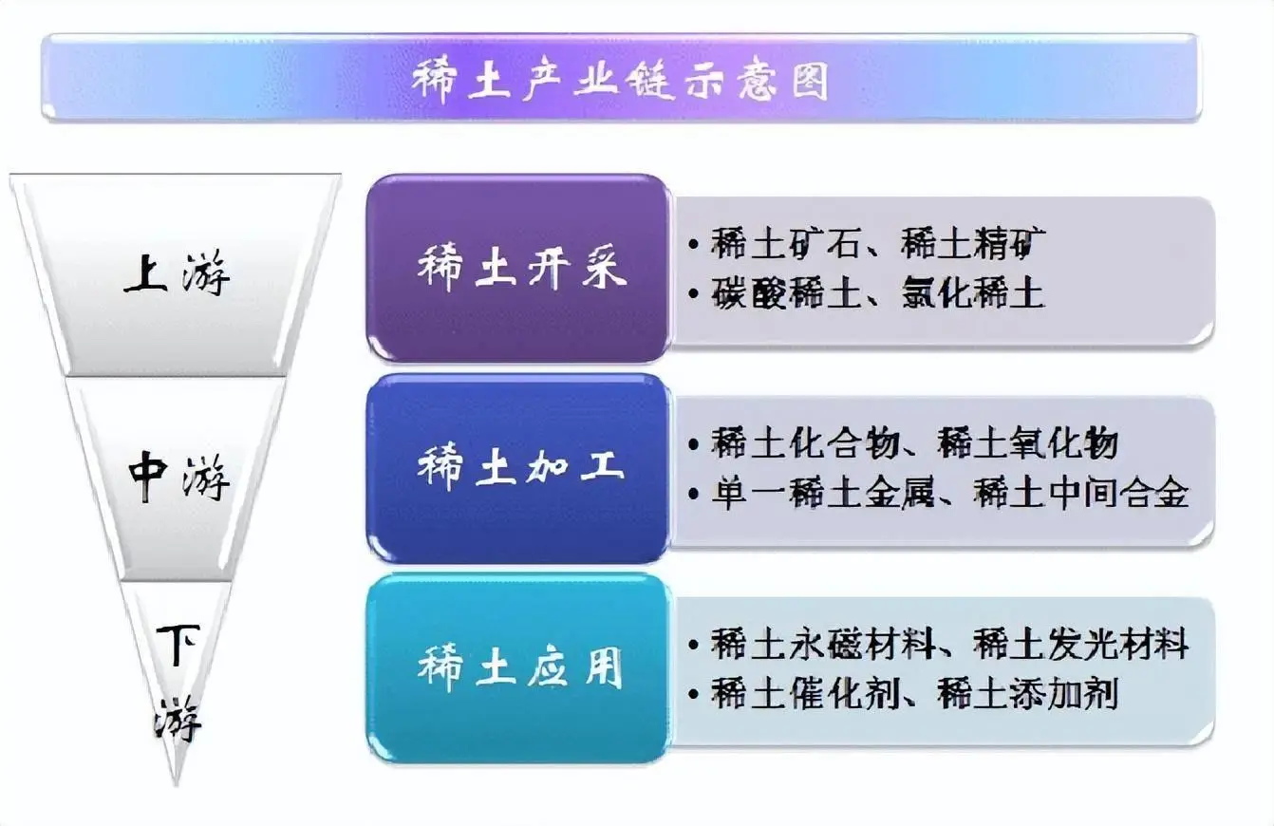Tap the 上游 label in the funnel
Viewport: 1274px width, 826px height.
(x=178, y=275)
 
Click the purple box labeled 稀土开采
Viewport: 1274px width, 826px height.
(x=519, y=268)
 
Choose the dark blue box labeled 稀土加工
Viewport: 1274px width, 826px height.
(x=519, y=468)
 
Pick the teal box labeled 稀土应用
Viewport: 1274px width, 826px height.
(x=519, y=667)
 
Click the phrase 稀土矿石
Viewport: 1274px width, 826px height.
(x=786, y=245)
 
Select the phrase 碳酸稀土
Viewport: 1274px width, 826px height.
(x=786, y=294)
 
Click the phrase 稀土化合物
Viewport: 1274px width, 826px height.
(x=805, y=443)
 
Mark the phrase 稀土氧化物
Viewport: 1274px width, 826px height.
(x=1029, y=443)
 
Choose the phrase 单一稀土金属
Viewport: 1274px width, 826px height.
(x=824, y=494)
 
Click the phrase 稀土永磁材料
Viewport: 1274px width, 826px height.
(x=823, y=645)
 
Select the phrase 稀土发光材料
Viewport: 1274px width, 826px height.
(x=1082, y=645)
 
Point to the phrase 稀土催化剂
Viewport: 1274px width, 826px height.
(x=805, y=694)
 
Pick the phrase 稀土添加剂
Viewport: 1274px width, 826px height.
(x=1028, y=694)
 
